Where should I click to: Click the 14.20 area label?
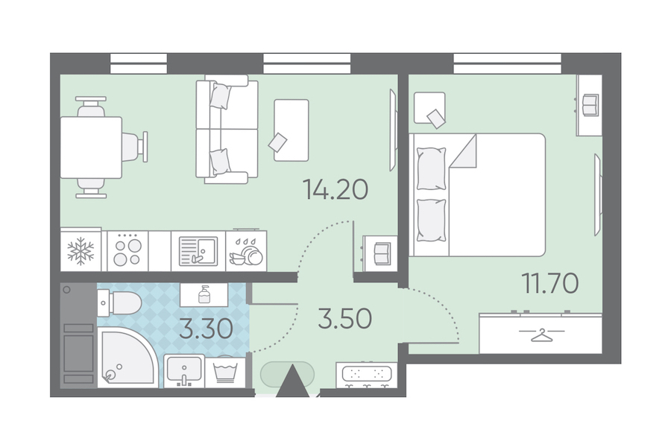pyautogui.click(x=335, y=189)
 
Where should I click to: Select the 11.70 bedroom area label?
pyautogui.click(x=550, y=283)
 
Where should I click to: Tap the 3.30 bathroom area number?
pyautogui.click(x=206, y=329)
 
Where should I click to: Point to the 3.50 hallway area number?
pyautogui.click(x=345, y=319)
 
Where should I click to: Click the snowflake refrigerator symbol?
pyautogui.click(x=81, y=251)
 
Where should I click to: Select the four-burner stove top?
pyautogui.click(x=127, y=251)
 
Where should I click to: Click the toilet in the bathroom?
pyautogui.click(x=119, y=302)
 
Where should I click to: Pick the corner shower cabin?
pyautogui.click(x=126, y=358)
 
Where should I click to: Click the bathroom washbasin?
pyautogui.click(x=184, y=371)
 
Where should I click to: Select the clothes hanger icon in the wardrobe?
pyautogui.click(x=541, y=335)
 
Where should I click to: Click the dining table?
pyautogui.click(x=91, y=148)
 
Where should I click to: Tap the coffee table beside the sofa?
pyautogui.click(x=292, y=130)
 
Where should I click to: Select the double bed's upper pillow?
pyautogui.click(x=432, y=168)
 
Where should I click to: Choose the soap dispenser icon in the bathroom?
pyautogui.click(x=204, y=295)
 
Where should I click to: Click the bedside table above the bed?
pyautogui.click(x=429, y=108)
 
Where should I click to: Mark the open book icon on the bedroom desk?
pyautogui.click(x=591, y=105)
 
